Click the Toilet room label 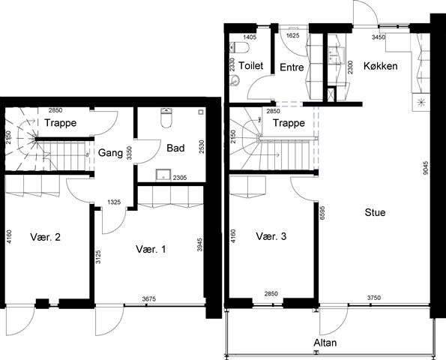pyautogui.click(x=250, y=65)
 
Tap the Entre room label pyautogui.click(x=292, y=67)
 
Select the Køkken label pyautogui.click(x=380, y=66)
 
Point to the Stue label pyautogui.click(x=375, y=212)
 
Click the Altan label pyautogui.click(x=325, y=343)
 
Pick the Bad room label pyautogui.click(x=175, y=148)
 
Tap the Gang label pyautogui.click(x=110, y=153)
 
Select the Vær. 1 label pyautogui.click(x=151, y=249)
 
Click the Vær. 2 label pyautogui.click(x=45, y=237)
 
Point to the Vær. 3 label pyautogui.click(x=271, y=236)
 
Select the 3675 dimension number pyautogui.click(x=149, y=298)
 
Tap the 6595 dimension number pyautogui.click(x=322, y=213)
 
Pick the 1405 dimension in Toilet pyautogui.click(x=250, y=37)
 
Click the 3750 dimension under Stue pyautogui.click(x=374, y=298)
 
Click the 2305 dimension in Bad pyautogui.click(x=180, y=178)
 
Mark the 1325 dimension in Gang pyautogui.click(x=114, y=202)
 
